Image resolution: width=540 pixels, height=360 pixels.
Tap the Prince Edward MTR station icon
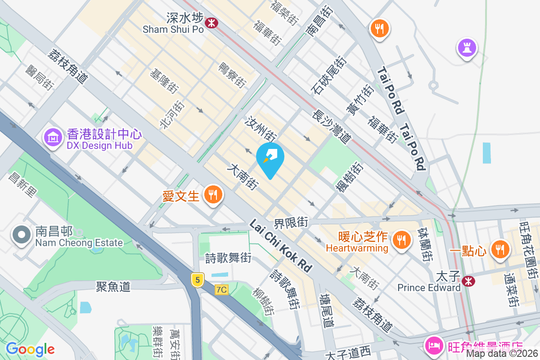468,281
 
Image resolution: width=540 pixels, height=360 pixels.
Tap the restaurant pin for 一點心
499,248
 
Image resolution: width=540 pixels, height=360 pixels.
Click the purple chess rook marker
467,48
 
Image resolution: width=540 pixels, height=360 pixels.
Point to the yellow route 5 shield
197,280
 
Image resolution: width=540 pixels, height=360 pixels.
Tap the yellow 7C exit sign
221,290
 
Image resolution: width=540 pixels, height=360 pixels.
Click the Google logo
30,349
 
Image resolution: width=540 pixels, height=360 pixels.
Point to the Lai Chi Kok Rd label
281,245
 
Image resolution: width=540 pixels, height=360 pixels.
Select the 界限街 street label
291,222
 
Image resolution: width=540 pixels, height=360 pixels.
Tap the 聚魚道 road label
113,286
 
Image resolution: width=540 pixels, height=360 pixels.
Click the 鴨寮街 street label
232,75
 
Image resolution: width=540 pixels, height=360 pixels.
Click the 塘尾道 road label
326,310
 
